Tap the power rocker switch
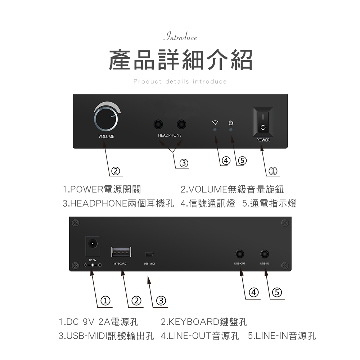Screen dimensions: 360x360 coord(263,122)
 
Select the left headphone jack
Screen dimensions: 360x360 coord(158,125)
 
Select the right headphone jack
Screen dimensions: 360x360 coord(181,125)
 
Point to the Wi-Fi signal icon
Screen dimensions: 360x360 coord(215,122)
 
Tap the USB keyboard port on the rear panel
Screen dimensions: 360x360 coord(121,252)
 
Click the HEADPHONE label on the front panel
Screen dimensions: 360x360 coord(170,135)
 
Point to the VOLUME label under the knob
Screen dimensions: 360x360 coord(106,137)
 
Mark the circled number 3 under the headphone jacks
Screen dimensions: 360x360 coord(184,163)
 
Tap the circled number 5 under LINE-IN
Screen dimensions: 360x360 coord(276,292)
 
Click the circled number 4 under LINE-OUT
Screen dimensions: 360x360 coord(254,292)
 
